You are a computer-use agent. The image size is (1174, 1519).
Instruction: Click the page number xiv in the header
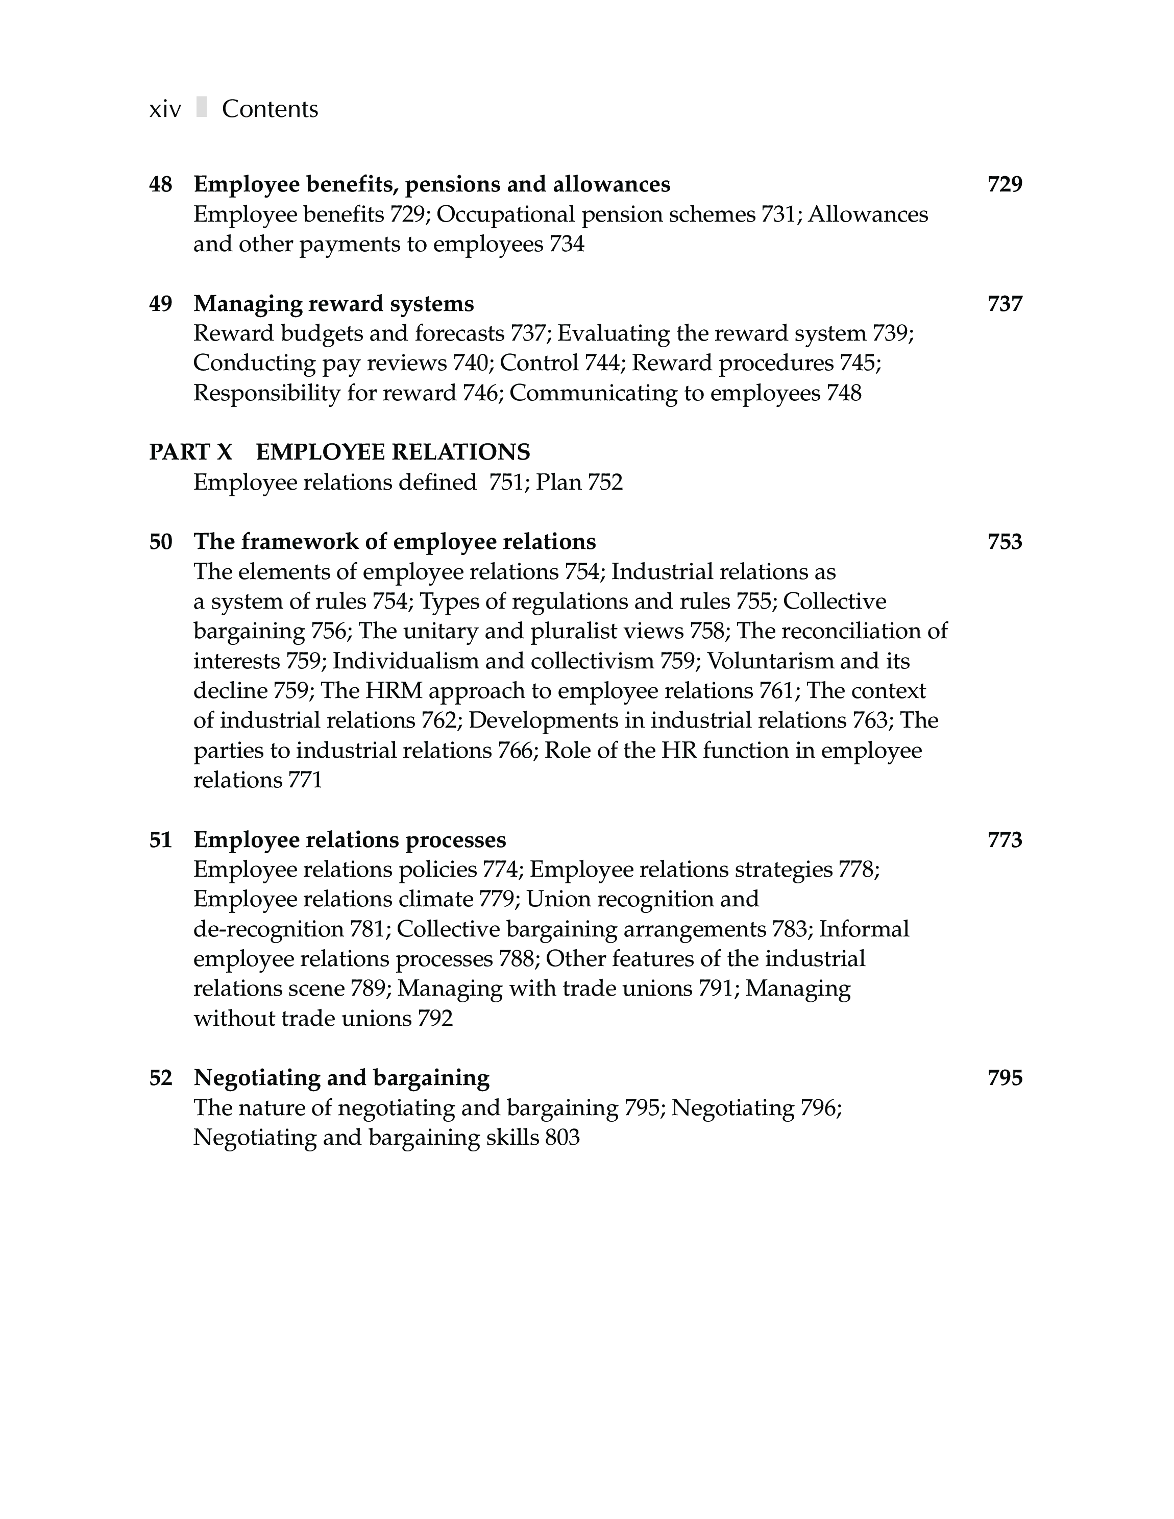(165, 110)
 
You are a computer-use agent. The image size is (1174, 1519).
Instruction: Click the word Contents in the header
(270, 109)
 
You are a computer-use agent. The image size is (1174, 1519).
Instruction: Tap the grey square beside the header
(202, 107)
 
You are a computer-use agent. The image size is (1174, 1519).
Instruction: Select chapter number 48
(161, 184)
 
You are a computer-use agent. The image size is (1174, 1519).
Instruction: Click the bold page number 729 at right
(1005, 184)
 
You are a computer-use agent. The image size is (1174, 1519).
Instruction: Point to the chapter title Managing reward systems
(334, 304)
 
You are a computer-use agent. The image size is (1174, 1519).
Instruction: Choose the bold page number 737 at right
(1005, 304)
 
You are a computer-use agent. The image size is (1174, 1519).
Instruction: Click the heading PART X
(190, 453)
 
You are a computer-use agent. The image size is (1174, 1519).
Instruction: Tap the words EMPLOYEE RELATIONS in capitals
(393, 453)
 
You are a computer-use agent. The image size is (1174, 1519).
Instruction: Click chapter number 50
(161, 542)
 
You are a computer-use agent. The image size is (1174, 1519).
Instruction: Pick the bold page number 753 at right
(1005, 542)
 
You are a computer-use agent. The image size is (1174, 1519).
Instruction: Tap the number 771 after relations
(305, 780)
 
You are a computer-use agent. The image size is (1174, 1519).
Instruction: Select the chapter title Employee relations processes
(350, 840)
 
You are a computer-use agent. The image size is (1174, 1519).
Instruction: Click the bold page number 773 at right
(1005, 840)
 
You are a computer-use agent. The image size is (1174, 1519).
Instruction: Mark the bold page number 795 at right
(1005, 1078)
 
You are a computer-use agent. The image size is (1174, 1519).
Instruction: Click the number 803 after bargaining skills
(562, 1138)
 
